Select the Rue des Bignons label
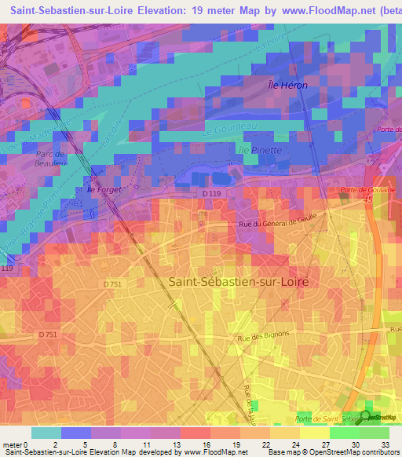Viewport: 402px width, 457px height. pos(264,335)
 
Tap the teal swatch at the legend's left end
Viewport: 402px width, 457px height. pos(46,433)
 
